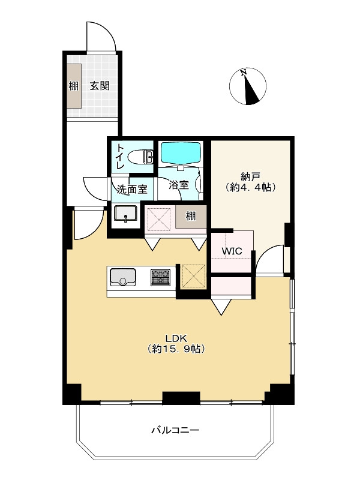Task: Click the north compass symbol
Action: point(248,86)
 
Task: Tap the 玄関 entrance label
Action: point(100,86)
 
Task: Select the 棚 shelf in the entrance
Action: point(74,86)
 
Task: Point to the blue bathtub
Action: point(181,153)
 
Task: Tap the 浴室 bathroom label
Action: point(179,185)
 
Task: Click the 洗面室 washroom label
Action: point(132,190)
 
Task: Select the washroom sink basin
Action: point(125,213)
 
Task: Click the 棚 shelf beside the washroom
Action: point(191,216)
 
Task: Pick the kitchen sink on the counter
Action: point(123,277)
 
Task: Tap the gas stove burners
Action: point(160,277)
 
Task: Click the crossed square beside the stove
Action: point(193,277)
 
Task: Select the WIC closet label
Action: point(232,251)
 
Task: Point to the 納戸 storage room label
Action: point(250,176)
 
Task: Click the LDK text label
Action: point(176,338)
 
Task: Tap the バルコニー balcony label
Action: point(175,430)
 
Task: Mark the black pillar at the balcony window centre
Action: point(181,398)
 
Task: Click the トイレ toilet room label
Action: point(119,157)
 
